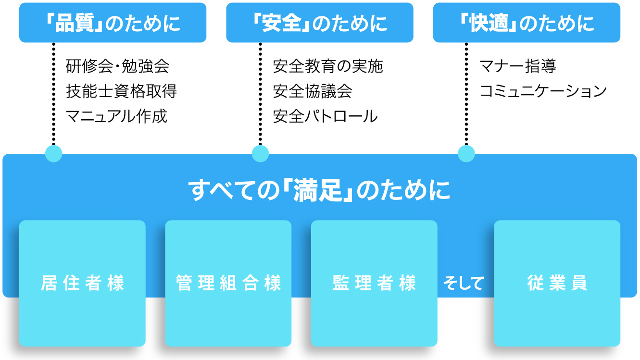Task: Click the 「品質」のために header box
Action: [x=113, y=23]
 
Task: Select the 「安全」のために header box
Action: [x=320, y=23]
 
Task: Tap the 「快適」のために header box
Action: [x=527, y=23]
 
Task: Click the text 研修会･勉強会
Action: [x=117, y=66]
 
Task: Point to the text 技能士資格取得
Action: [x=121, y=91]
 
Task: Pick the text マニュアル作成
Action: [x=116, y=116]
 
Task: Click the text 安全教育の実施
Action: [x=328, y=66]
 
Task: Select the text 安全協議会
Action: [x=313, y=91]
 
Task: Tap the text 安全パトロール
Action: [x=325, y=116]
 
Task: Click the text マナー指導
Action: [x=518, y=66]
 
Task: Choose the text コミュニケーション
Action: [x=543, y=91]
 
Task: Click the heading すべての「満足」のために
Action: [x=319, y=190]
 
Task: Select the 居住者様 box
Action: [x=82, y=283]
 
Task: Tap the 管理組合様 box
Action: [x=228, y=283]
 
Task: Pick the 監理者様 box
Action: [x=374, y=283]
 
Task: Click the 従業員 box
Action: [x=557, y=283]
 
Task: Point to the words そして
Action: [x=464, y=283]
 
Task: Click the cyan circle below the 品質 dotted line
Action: [x=54, y=154]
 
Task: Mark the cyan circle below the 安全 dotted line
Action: [x=260, y=154]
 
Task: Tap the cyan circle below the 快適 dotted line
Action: [x=466, y=154]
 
